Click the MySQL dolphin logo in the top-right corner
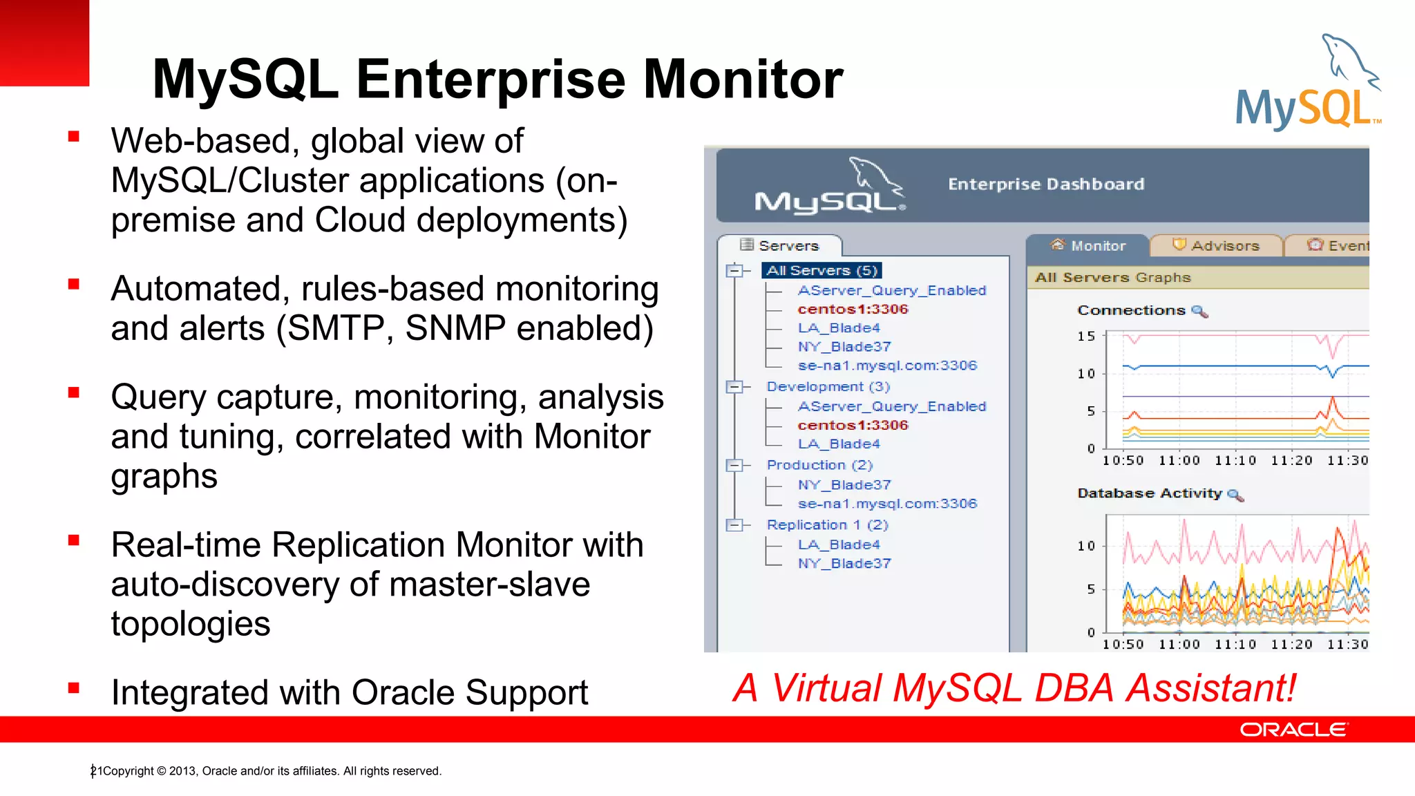(1308, 83)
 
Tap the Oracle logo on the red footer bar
(1293, 730)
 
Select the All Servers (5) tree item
(822, 270)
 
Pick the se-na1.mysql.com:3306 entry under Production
(887, 504)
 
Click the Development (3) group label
(828, 386)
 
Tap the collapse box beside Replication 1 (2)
(734, 525)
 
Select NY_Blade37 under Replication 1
(844, 563)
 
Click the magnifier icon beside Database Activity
(1235, 495)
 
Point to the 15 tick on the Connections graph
(1086, 337)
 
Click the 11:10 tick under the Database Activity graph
(1235, 644)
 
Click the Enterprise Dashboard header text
(1046, 184)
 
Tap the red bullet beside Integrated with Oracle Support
(74, 688)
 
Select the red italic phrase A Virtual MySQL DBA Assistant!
(1014, 688)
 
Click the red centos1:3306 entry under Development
(853, 425)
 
